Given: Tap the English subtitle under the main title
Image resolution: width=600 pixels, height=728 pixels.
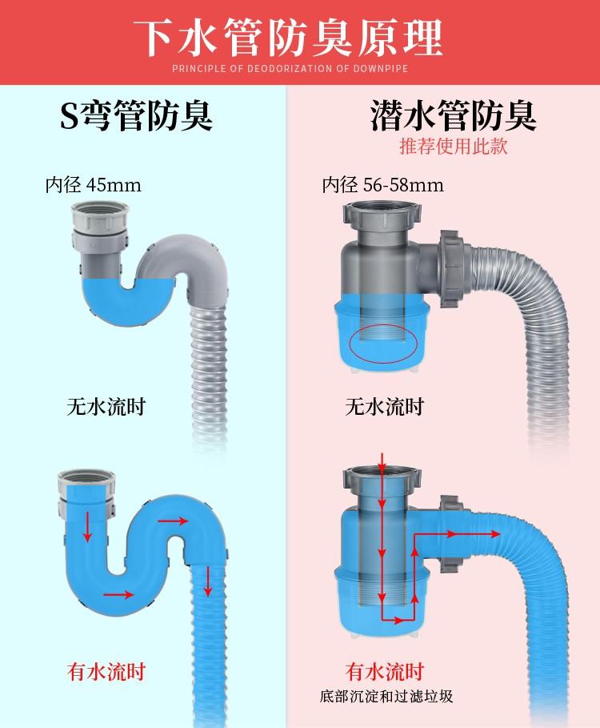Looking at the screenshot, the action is tap(290, 69).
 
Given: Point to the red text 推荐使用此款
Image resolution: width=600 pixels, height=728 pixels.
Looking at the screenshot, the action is tap(454, 147).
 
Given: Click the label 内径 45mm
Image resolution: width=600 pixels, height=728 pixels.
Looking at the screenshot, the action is tap(93, 185).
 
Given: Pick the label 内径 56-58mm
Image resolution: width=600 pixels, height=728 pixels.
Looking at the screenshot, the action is tap(382, 185).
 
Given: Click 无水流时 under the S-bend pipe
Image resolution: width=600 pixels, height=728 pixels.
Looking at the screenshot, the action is tap(106, 407).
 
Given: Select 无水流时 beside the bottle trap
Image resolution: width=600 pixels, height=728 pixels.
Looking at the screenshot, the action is tap(384, 407).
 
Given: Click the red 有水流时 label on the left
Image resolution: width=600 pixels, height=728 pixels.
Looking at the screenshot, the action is tap(106, 671).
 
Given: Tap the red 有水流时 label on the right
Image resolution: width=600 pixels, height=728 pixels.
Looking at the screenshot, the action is tap(385, 671).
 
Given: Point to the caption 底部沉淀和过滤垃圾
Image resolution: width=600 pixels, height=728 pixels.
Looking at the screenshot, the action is tap(386, 697).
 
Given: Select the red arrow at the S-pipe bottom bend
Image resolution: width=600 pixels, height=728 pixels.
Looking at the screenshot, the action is tap(118, 594).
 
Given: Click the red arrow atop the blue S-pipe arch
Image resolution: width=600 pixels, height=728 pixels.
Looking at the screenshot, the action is tap(173, 521).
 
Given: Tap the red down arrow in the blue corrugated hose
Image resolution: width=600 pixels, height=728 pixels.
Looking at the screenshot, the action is tap(208, 581).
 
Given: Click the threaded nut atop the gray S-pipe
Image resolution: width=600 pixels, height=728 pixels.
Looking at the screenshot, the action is tap(98, 215).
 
